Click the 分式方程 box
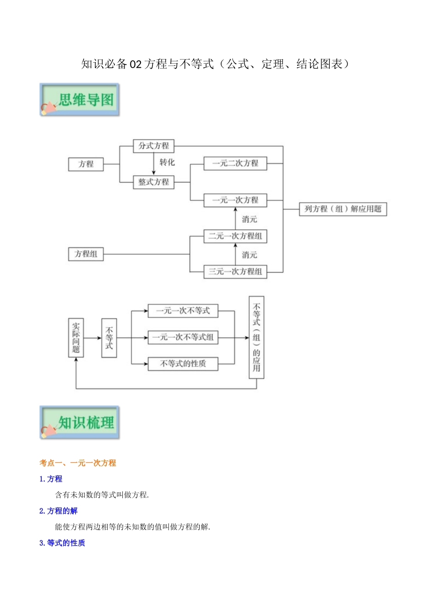153,146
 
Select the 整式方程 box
153,182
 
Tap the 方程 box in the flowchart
86,164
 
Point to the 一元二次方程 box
235,163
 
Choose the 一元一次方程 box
235,200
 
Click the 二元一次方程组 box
235,236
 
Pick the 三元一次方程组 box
235,271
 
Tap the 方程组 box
86,254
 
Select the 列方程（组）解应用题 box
343,209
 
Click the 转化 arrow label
167,162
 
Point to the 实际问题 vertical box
76,338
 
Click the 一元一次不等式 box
183,311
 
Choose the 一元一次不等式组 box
183,337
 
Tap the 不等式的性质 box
183,364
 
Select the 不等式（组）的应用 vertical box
256,337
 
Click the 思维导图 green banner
80,100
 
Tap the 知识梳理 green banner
80,422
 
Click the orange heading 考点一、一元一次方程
78,463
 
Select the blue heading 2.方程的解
59,511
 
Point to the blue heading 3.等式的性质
62,543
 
